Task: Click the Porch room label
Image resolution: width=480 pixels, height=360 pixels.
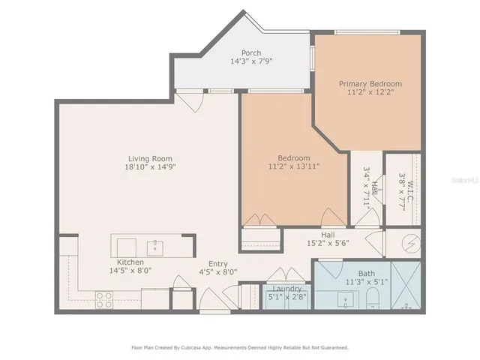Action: pyautogui.click(x=250, y=52)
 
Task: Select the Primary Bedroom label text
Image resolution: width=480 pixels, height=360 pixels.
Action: pyautogui.click(x=370, y=83)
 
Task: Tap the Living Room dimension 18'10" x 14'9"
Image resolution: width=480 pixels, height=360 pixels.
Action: pyautogui.click(x=150, y=168)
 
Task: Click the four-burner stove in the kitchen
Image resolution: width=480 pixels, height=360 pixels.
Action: pyautogui.click(x=104, y=299)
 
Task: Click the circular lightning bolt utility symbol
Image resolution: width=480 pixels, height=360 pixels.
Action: pyautogui.click(x=410, y=243)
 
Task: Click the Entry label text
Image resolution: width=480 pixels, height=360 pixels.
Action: pyautogui.click(x=218, y=263)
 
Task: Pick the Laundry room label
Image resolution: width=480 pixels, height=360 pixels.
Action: pyautogui.click(x=288, y=289)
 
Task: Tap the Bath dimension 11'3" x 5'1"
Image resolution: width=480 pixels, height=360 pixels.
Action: pyautogui.click(x=367, y=283)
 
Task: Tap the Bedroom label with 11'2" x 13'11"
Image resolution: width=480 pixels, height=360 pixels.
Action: pyautogui.click(x=293, y=163)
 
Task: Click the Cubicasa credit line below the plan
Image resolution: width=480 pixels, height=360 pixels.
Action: pyautogui.click(x=240, y=347)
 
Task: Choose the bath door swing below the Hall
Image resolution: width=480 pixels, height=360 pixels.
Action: pyautogui.click(x=331, y=268)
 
